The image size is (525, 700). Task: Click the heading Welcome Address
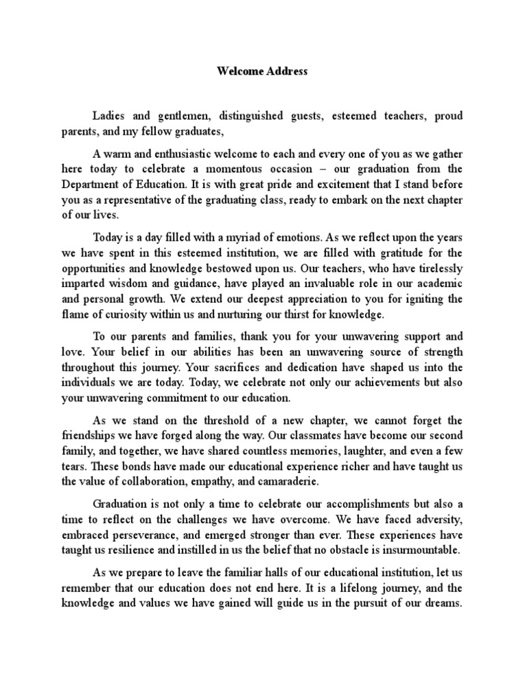coord(262,71)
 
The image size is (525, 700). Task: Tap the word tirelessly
coord(438,268)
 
